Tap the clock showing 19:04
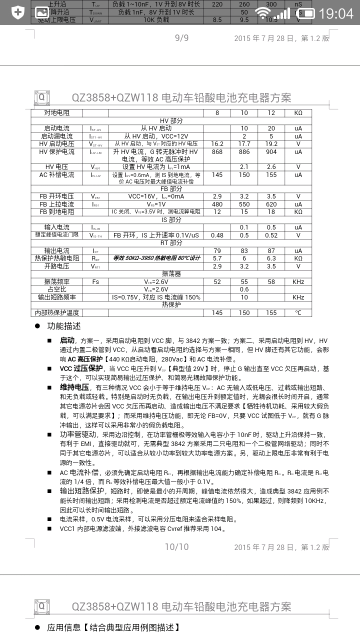[x=335, y=13]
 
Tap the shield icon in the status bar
[x=17, y=12]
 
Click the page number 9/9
[x=181, y=38]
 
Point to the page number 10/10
[x=177, y=546]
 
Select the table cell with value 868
[x=217, y=151]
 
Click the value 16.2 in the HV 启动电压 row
[x=217, y=143]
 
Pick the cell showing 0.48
[x=217, y=235]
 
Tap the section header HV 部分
[x=171, y=120]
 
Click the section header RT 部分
[x=171, y=242]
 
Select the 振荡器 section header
[x=171, y=273]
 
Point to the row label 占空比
[x=56, y=289]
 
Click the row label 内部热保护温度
[x=56, y=312]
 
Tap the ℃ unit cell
[x=298, y=312]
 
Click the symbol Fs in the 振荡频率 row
[x=95, y=281]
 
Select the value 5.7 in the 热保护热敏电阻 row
[x=217, y=258]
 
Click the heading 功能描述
[x=63, y=326]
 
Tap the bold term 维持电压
[x=74, y=387]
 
